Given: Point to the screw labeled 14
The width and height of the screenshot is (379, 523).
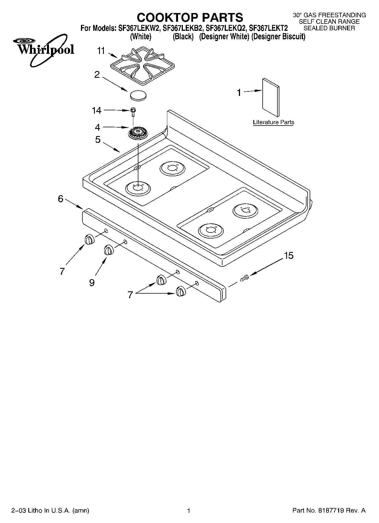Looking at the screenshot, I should click(133, 111).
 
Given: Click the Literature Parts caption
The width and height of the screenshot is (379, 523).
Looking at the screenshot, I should click(273, 122).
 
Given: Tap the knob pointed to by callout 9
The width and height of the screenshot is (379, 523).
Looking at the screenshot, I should click(108, 250).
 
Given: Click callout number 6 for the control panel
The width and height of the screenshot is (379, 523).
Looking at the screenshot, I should click(61, 199).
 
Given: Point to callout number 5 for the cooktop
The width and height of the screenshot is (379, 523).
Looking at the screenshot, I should click(98, 139).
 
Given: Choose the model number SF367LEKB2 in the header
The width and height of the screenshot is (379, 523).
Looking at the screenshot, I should click(183, 28).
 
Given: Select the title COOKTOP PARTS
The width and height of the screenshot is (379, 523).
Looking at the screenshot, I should click(190, 17).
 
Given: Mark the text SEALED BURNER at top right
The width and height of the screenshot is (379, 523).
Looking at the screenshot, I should click(329, 28).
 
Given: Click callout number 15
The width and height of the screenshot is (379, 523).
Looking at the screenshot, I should click(288, 255).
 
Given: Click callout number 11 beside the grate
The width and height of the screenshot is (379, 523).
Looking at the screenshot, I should click(101, 51).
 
